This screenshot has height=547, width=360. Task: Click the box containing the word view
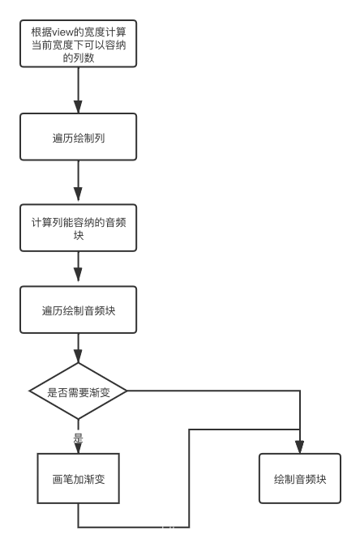[78, 44]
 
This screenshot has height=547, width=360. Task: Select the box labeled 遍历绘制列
[78, 137]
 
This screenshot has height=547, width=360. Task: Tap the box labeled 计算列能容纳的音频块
[78, 228]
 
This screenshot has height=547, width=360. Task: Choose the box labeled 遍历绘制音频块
[78, 310]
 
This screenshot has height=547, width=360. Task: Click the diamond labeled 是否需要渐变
[78, 391]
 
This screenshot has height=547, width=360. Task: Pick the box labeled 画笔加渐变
[78, 479]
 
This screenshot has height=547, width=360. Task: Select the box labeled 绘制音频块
[300, 479]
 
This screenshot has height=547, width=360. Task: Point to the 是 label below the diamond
[78, 438]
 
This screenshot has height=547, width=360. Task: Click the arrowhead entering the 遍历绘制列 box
[78, 107]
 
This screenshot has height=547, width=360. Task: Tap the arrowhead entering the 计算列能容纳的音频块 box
[78, 194]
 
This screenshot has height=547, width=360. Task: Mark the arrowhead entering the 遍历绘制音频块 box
[78, 275]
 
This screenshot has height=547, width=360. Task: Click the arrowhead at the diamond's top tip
[78, 357]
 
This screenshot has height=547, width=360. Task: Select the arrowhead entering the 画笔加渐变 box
[78, 448]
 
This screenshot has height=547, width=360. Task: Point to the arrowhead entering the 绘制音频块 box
[299, 447]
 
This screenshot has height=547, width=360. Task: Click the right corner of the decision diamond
[127, 391]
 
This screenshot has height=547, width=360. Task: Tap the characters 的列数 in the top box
[79, 58]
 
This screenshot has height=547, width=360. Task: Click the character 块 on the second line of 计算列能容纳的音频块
[79, 235]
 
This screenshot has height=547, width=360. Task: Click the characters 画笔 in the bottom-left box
[63, 479]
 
